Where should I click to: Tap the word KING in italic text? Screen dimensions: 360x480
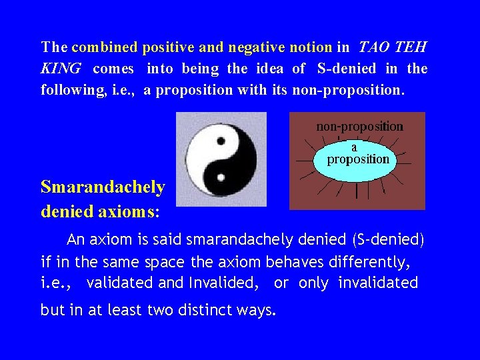pyautogui.click(x=61, y=69)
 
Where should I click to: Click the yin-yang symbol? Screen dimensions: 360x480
pyautogui.click(x=221, y=159)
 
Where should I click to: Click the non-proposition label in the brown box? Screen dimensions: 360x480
pyautogui.click(x=359, y=126)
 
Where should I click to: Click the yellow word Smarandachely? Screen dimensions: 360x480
pyautogui.click(x=103, y=187)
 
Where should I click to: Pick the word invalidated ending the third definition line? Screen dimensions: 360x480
pyautogui.click(x=378, y=283)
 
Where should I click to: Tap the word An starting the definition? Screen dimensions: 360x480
pyautogui.click(x=76, y=239)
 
